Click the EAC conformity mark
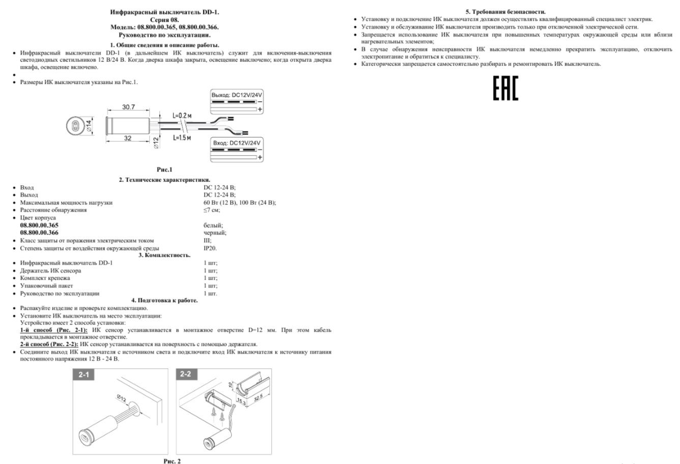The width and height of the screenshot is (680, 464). point(505,89)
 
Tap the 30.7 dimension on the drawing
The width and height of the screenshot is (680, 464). point(128,107)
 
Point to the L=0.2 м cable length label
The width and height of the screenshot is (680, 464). point(182,116)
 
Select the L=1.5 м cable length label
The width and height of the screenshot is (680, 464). point(182,138)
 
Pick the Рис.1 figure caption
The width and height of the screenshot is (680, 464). point(164,169)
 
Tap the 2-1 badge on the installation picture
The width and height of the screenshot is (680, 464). point(83,375)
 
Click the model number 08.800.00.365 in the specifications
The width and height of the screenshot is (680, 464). point(39,225)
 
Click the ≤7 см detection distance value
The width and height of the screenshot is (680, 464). point(212,210)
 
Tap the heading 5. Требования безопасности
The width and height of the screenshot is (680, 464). point(506,11)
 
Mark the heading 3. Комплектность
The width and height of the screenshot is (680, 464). point(164,255)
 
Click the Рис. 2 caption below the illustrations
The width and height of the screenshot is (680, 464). point(172,461)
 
